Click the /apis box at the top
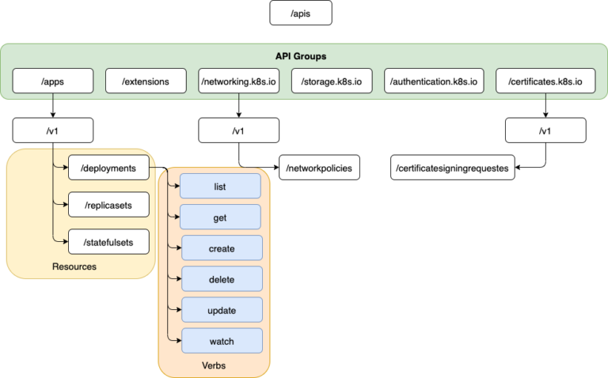(301, 13)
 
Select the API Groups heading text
(301, 56)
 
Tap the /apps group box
(53, 81)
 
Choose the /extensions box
(146, 81)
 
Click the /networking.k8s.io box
(238, 81)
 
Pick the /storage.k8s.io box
(332, 81)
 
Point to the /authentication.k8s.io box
(434, 81)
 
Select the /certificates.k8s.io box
(545, 81)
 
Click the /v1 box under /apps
(53, 130)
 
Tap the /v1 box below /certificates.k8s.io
(545, 130)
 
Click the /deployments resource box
(108, 168)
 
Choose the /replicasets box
(108, 205)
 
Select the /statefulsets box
(108, 242)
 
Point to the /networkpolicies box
(319, 168)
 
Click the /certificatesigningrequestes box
(453, 168)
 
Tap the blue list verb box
(220, 187)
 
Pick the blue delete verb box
(222, 279)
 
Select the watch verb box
(222, 341)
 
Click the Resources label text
(74, 266)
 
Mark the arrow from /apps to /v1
(53, 105)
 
